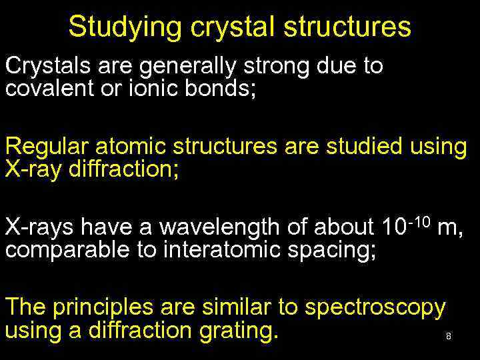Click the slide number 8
pyautogui.click(x=449, y=337)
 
